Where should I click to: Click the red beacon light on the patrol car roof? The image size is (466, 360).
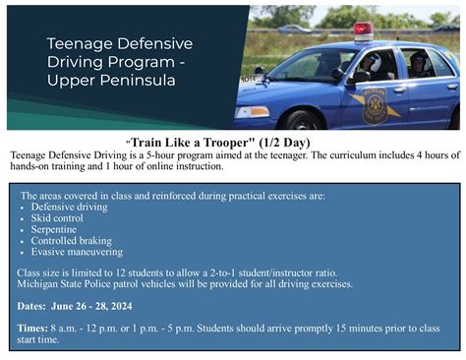[x=363, y=30]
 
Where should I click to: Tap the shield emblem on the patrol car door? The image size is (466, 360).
[x=375, y=104]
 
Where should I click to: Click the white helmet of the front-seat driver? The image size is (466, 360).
[x=375, y=62]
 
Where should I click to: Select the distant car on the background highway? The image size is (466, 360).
[x=291, y=29]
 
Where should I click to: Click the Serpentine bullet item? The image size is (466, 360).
[x=56, y=230]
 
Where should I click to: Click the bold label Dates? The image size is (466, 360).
[x=35, y=305]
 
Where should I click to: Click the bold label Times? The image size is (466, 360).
[x=36, y=328]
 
